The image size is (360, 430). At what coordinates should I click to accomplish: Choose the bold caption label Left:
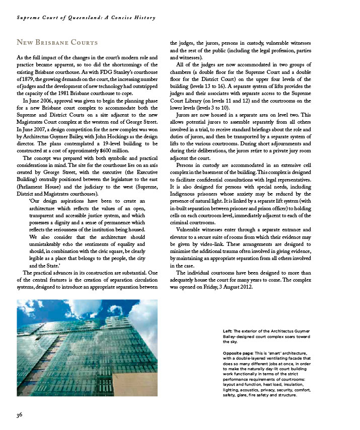click(228, 330)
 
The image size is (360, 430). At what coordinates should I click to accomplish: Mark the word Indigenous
click(187, 194)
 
